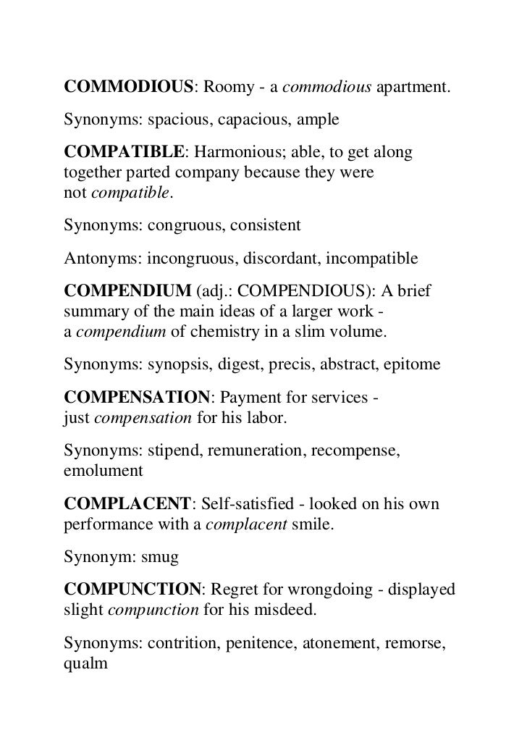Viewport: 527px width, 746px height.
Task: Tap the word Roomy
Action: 224,88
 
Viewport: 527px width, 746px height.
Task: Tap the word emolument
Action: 103,469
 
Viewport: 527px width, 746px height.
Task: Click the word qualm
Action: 85,661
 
